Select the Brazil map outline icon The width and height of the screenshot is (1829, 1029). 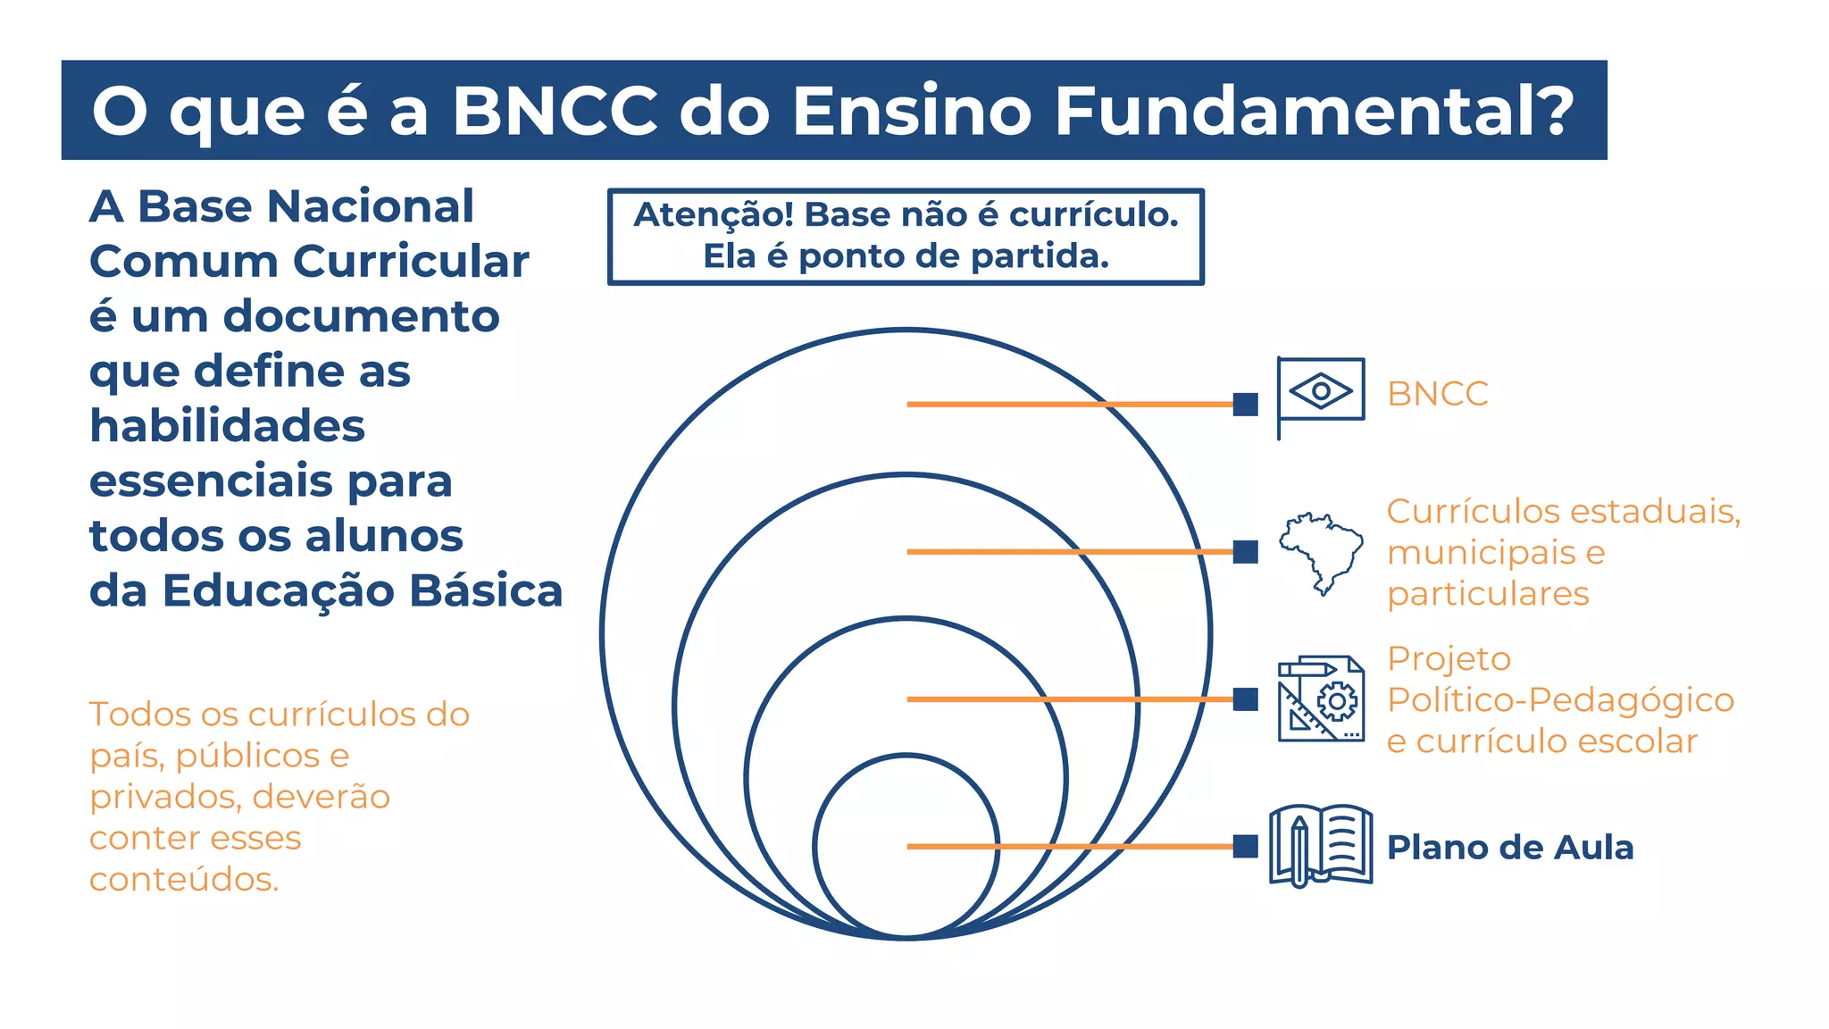pyautogui.click(x=1321, y=551)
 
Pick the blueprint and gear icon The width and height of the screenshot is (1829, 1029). pyautogui.click(x=1321, y=699)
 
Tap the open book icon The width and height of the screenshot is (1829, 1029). pyautogui.click(x=1321, y=845)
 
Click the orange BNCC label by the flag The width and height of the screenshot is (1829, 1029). pyautogui.click(x=1437, y=394)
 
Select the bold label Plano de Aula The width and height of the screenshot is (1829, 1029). pyautogui.click(x=1509, y=847)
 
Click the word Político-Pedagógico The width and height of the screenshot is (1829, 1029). pyautogui.click(x=1559, y=699)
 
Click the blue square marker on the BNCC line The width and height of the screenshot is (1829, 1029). pyautogui.click(x=1245, y=405)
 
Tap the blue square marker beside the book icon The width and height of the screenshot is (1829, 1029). pyautogui.click(x=1245, y=846)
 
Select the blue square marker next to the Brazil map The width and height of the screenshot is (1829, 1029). pyautogui.click(x=1245, y=552)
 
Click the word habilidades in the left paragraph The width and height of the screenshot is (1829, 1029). pyautogui.click(x=227, y=425)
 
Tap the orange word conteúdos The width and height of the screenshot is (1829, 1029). pyautogui.click(x=183, y=879)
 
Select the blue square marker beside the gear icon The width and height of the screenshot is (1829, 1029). pyautogui.click(x=1245, y=699)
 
